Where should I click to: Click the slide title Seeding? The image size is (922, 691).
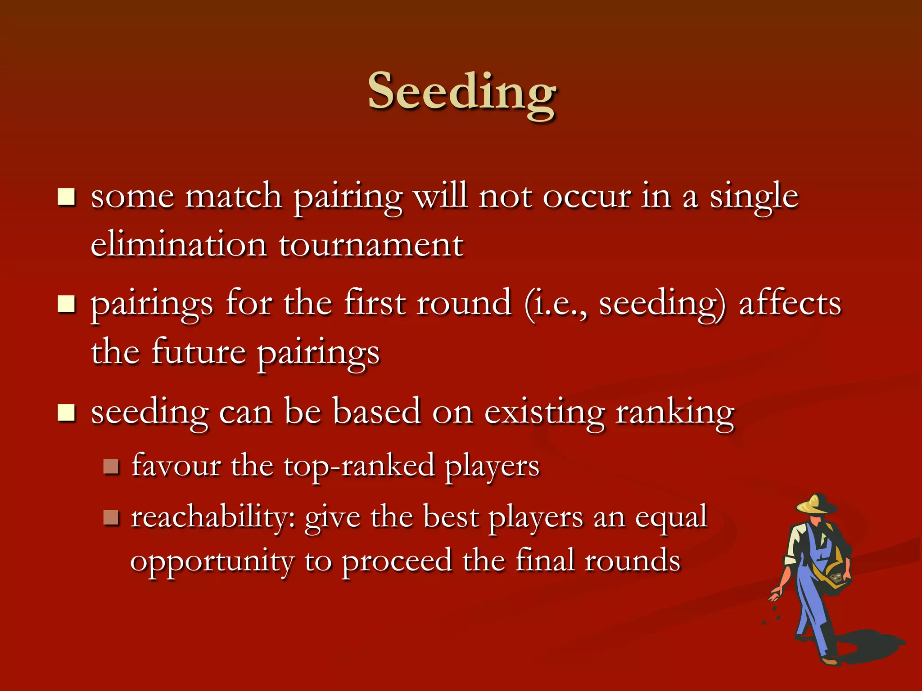point(462,92)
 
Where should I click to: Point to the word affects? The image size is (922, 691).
point(790,303)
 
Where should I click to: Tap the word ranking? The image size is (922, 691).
point(675,413)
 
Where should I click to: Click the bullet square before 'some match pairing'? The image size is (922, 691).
point(66,197)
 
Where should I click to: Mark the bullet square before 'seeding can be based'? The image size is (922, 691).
point(66,413)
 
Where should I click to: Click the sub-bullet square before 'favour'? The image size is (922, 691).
point(110,467)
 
